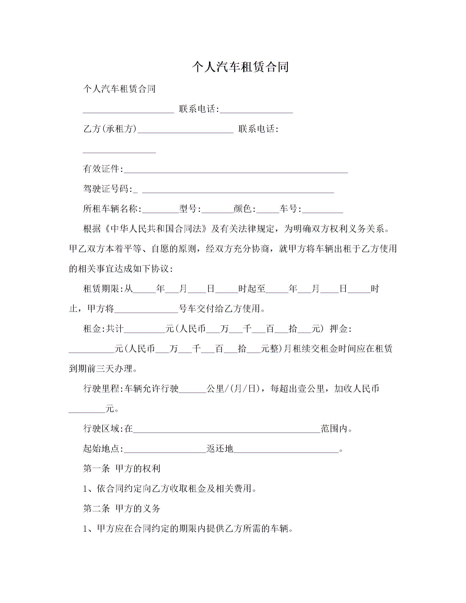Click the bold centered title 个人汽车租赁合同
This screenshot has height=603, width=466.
pyautogui.click(x=240, y=67)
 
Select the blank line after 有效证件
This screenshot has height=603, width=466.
pyautogui.click(x=236, y=170)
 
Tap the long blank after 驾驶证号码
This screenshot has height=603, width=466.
pyautogui.click(x=238, y=190)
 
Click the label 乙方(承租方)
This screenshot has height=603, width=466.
pyautogui.click(x=110, y=129)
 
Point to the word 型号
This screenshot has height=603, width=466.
pyautogui.click(x=188, y=209)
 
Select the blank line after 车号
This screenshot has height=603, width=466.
pyautogui.click(x=323, y=210)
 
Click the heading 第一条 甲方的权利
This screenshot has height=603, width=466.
pyautogui.click(x=122, y=469)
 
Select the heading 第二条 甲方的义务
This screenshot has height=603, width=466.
pyautogui.click(x=122, y=508)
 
